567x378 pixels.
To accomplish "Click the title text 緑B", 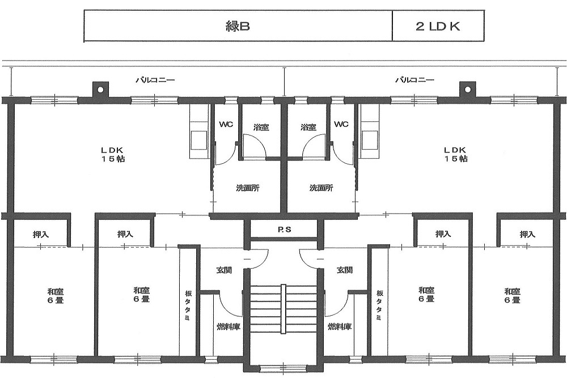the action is [238, 27].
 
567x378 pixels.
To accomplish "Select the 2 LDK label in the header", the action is [438, 27].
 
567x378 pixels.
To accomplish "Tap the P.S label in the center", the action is [285, 229].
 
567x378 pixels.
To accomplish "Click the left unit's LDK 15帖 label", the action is [113, 154].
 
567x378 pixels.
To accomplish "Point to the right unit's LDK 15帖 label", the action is [455, 154].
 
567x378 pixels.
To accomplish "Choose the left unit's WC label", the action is [226, 124].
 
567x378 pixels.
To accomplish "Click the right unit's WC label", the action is [341, 124].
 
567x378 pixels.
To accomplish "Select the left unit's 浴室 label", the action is [261, 127].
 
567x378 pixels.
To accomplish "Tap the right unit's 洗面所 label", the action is [321, 188].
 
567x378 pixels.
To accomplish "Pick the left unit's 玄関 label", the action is [224, 270].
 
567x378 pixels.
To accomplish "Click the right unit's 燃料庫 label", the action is [340, 326].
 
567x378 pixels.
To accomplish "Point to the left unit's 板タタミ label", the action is [188, 305].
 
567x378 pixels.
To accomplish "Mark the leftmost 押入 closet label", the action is [41, 235].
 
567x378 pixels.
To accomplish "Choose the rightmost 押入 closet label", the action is [527, 235].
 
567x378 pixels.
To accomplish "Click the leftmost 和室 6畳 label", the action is [56, 295].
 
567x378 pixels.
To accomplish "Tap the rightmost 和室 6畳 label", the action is [513, 295].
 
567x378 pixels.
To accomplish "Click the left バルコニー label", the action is [155, 79].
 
